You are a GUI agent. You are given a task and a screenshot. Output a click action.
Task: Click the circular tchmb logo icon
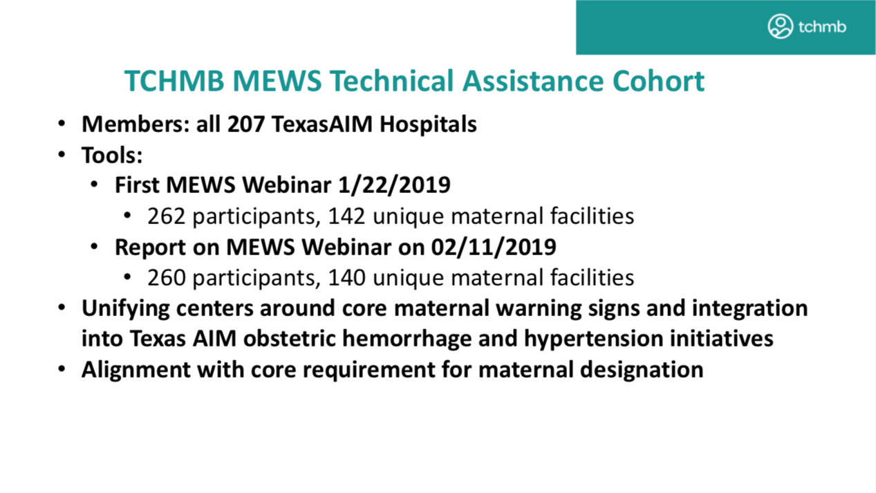(780, 26)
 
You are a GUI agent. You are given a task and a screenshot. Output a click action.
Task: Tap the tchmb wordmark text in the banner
(822, 27)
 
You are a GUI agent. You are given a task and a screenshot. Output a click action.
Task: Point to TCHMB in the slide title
(174, 81)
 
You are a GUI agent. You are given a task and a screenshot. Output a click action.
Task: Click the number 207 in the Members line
(246, 124)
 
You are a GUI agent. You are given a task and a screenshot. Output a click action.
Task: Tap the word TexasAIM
(322, 124)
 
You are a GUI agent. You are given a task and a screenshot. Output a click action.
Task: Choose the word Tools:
(112, 155)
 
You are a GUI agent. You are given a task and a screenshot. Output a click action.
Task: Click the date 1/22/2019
(394, 185)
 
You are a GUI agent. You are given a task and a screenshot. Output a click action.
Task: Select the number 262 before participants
(166, 216)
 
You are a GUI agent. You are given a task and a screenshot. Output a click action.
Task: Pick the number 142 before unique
(346, 216)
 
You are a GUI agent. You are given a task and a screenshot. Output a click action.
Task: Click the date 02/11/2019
(494, 248)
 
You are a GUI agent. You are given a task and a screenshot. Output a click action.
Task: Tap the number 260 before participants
(166, 278)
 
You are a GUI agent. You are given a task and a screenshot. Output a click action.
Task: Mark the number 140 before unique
(346, 278)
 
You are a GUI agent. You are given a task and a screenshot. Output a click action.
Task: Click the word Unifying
(126, 309)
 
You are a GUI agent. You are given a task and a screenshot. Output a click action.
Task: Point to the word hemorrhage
(407, 339)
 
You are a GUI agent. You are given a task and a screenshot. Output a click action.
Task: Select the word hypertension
(594, 339)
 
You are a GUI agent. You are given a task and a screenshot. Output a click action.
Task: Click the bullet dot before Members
(62, 124)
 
